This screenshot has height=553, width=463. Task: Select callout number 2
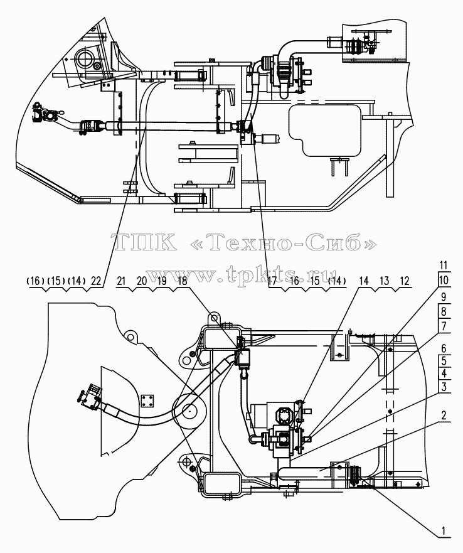click(444, 416)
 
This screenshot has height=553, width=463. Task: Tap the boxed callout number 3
click(444, 387)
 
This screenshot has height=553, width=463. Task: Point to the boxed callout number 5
click(444, 361)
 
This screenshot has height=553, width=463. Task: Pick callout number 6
click(444, 348)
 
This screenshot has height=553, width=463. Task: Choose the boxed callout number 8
click(444, 311)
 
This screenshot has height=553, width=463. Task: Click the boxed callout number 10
click(444, 280)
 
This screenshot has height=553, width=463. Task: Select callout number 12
click(405, 281)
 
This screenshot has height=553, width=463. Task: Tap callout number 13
click(385, 281)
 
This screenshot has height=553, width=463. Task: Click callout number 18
click(183, 281)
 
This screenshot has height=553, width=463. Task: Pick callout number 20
click(142, 281)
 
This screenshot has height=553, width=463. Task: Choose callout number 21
click(121, 281)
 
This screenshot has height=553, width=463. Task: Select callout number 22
click(96, 281)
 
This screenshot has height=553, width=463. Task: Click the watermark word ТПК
click(144, 242)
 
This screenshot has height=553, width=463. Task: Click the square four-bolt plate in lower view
click(147, 401)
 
